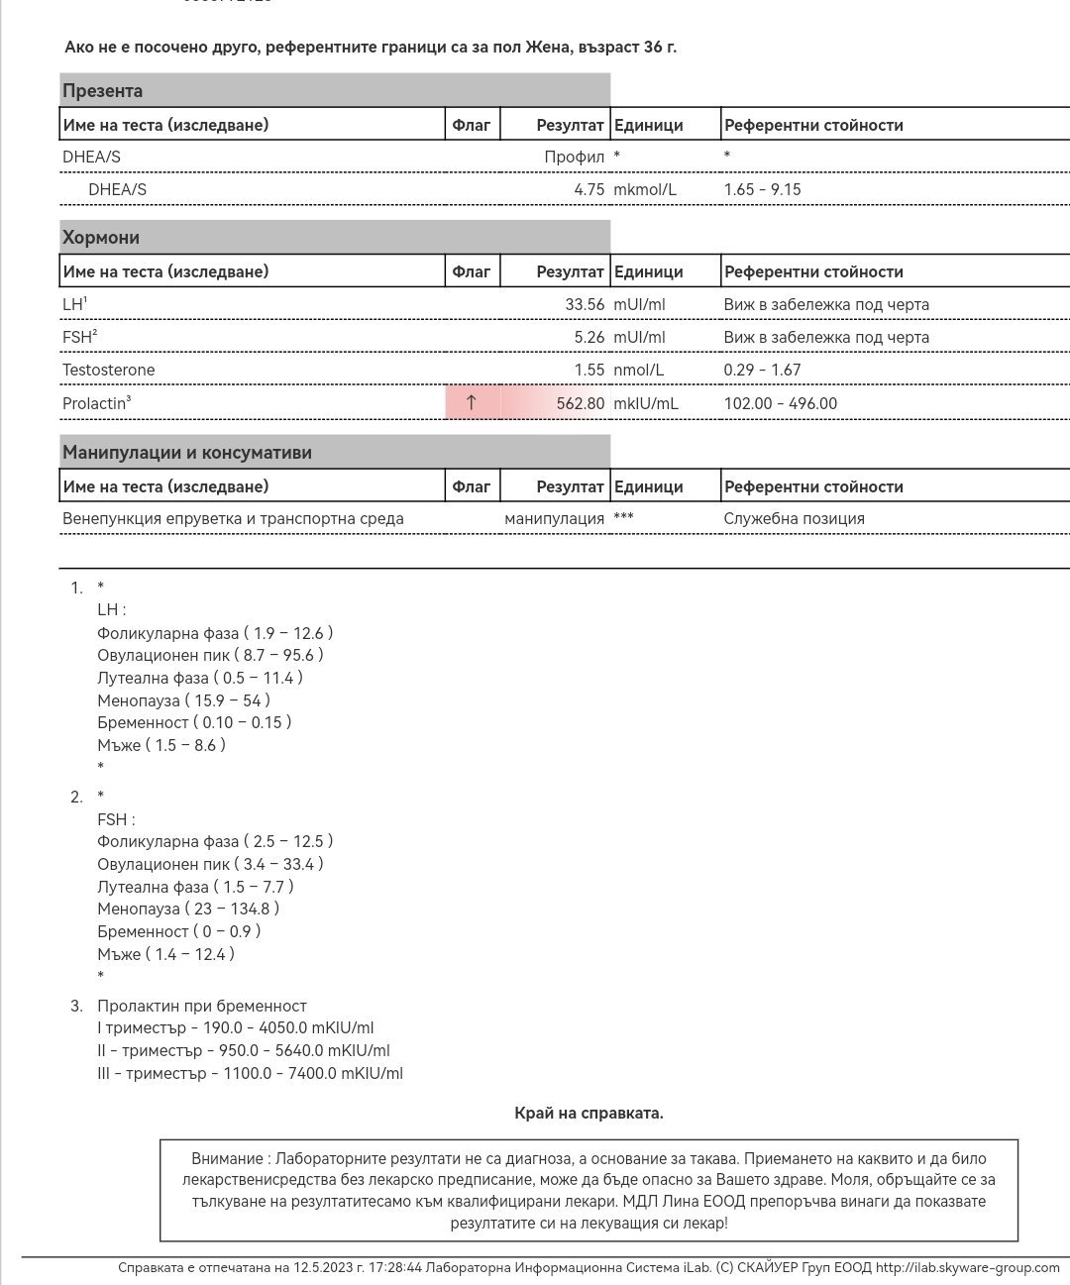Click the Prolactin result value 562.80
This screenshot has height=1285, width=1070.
[581, 403]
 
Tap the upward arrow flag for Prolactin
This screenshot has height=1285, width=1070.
[472, 402]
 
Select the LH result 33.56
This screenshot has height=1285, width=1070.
[585, 304]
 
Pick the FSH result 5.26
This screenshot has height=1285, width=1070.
[588, 337]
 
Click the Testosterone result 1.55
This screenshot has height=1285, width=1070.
[588, 370]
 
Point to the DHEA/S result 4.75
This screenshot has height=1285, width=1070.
[588, 189]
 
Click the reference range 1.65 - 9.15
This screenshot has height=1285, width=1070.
[762, 189]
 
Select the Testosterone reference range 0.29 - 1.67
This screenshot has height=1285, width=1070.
[762, 370]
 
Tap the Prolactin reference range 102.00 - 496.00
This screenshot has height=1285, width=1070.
[780, 403]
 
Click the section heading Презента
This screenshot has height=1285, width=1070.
[102, 91]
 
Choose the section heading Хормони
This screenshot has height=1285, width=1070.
[101, 238]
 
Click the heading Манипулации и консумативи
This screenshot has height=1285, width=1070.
[187, 453]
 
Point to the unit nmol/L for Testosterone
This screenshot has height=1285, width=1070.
[639, 370]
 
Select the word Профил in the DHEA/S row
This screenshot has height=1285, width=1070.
[574, 157]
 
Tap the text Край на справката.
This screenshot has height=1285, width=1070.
[588, 1113]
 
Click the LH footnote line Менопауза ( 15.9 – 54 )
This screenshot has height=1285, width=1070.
[183, 700]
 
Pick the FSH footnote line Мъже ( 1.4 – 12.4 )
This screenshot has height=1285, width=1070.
[165, 954]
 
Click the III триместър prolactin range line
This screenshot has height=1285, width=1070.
[250, 1073]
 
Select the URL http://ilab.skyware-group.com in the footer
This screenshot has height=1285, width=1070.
[967, 1267]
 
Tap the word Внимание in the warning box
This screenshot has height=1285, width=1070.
[227, 1158]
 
